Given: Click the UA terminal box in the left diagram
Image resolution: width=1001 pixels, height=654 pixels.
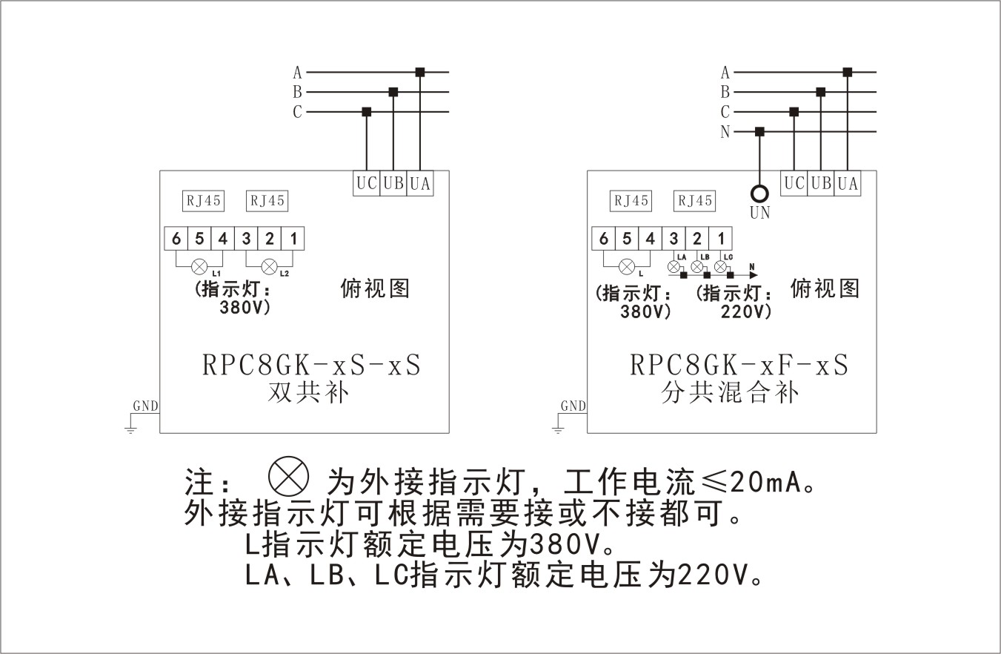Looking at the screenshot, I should click(x=420, y=183).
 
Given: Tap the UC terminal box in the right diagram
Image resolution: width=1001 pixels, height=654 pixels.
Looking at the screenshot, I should click(x=794, y=183).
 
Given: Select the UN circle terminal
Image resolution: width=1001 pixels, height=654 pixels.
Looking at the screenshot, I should click(x=759, y=194).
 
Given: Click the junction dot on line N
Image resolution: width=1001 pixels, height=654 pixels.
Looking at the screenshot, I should click(x=759, y=132).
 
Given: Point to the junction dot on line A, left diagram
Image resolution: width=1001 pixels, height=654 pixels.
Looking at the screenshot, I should click(x=420, y=72).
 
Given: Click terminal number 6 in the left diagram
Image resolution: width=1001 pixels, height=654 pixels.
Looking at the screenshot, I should click(x=176, y=239).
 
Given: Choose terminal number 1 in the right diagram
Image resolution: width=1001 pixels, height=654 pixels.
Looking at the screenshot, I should click(x=721, y=239).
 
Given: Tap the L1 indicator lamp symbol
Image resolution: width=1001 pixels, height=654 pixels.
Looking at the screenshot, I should click(x=199, y=266).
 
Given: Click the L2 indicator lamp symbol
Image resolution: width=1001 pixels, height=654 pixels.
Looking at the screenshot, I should click(x=270, y=266).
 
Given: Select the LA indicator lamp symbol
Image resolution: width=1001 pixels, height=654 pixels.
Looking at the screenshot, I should click(x=674, y=265).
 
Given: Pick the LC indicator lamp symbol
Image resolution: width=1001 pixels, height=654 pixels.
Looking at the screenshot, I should click(x=720, y=265).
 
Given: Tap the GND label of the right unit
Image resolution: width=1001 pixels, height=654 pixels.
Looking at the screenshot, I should click(x=573, y=406).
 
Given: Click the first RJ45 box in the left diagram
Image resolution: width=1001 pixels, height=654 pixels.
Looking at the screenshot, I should click(x=204, y=201).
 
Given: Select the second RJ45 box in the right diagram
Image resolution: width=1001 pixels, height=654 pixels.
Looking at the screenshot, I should click(x=694, y=201).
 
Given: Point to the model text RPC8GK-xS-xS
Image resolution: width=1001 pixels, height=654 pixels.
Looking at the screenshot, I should click(x=311, y=366).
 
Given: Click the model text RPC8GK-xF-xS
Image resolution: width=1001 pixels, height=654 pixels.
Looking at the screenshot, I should click(x=739, y=366).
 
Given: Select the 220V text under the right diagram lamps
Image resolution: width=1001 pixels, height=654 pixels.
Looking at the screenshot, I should click(x=746, y=311).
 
